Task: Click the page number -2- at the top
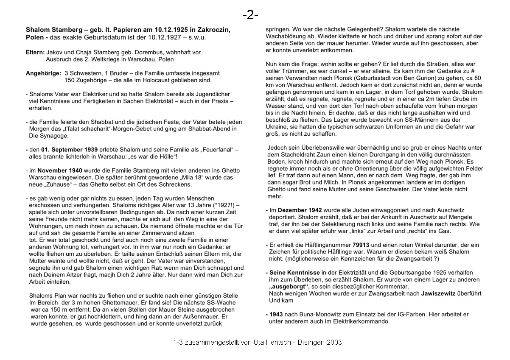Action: [x=251, y=15]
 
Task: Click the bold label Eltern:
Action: [x=35, y=52]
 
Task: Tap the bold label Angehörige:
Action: [x=43, y=73]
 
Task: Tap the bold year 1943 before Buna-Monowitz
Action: [x=276, y=315]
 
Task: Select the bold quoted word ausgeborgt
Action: [x=289, y=287]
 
